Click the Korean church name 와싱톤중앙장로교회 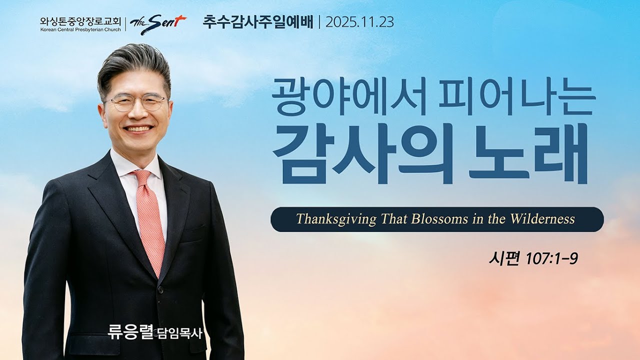[x=80, y=21]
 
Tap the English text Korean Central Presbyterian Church [x=80, y=29]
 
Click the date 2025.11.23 [x=359, y=22]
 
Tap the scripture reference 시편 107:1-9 [x=533, y=258]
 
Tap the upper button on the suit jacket [x=160, y=290]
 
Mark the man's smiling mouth [x=139, y=129]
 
